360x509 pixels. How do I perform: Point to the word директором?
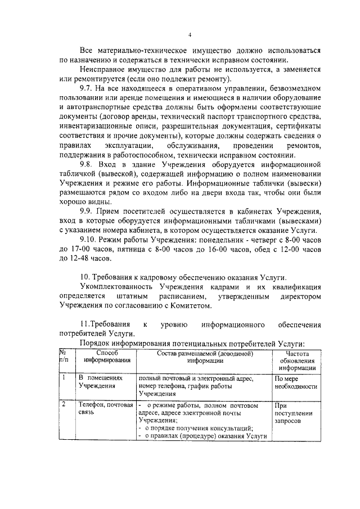pyautogui.click(x=296, y=296)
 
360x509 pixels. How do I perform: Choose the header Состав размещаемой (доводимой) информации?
pyautogui.click(x=201, y=357)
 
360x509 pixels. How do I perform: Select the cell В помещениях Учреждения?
pyautogui.click(x=100, y=382)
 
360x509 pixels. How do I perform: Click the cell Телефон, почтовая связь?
pyautogui.click(x=105, y=408)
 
